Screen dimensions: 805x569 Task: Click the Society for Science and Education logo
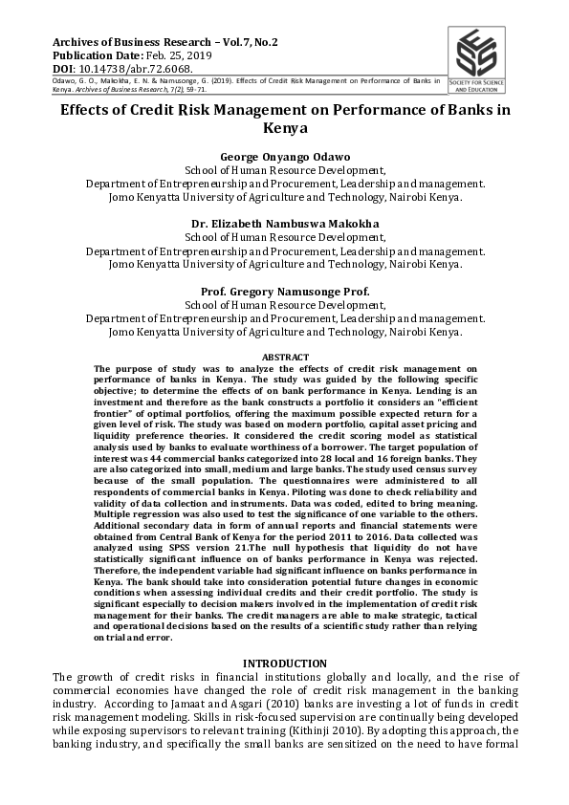point(483,58)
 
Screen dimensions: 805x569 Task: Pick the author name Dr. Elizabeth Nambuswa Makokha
point(285,224)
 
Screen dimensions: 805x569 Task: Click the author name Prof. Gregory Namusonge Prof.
point(285,291)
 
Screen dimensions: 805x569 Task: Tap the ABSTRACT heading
point(285,357)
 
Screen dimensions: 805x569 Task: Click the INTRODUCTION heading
point(285,664)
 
